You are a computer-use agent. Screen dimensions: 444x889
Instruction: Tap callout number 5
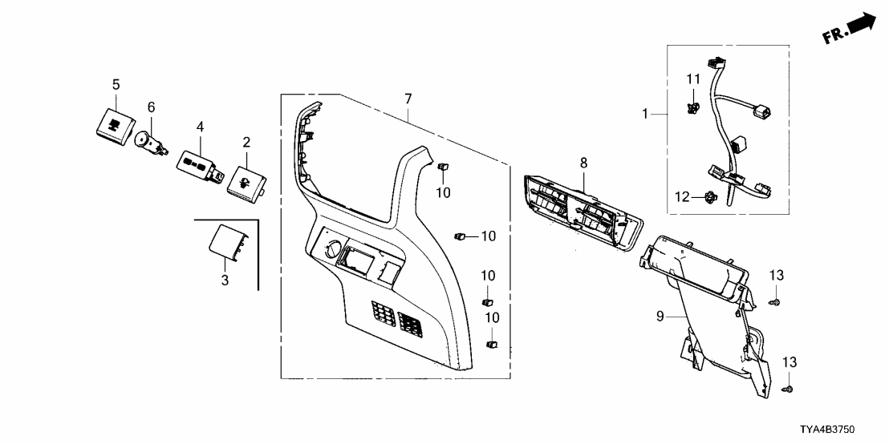pos(116,84)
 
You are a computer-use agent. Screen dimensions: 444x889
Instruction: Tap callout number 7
pos(408,99)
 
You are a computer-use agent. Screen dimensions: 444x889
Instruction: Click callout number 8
pos(584,163)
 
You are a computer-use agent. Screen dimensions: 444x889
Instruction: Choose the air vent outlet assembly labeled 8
pos(579,210)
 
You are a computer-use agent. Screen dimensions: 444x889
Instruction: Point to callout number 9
pos(661,317)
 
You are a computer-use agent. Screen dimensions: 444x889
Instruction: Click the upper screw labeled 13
pos(776,302)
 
